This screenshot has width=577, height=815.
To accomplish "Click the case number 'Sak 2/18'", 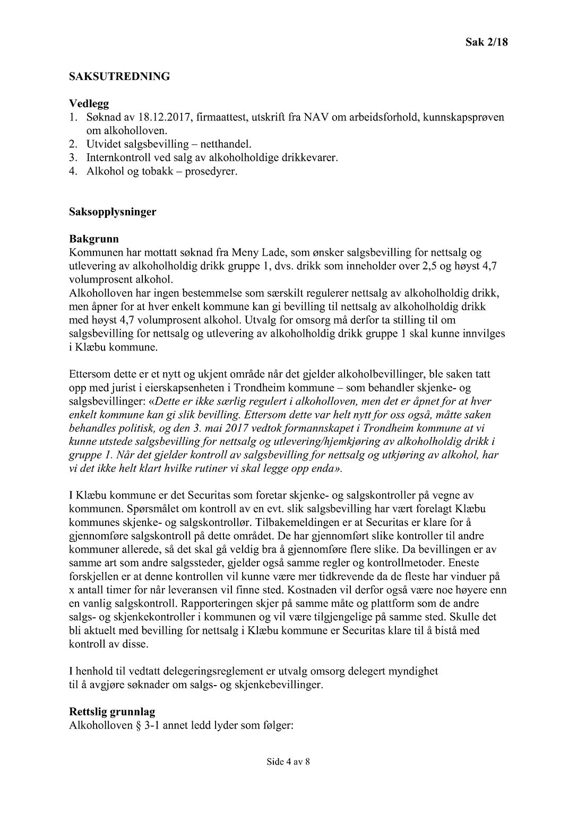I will click(486, 42).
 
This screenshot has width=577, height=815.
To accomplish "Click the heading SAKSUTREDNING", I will click(119, 76).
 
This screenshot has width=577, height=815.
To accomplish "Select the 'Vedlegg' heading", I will click(89, 103).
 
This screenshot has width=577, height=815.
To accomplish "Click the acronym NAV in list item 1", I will click(316, 117).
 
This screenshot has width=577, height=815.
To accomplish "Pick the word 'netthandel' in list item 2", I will click(228, 144).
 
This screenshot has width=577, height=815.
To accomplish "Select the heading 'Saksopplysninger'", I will click(113, 212).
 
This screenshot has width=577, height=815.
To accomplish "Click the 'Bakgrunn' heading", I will click(94, 239).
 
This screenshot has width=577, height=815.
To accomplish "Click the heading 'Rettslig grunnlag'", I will click(111, 712).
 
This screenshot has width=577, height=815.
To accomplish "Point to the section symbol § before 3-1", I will click(135, 725).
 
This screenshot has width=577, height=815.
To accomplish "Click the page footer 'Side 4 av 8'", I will click(288, 763).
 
